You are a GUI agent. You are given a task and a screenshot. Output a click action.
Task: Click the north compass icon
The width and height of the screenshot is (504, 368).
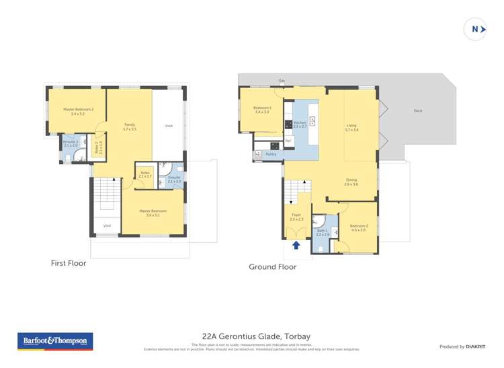point(475,29)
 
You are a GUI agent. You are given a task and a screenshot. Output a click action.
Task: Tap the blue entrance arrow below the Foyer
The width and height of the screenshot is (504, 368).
point(296,245)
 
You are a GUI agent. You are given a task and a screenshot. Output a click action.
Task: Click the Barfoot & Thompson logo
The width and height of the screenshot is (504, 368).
point(56,341)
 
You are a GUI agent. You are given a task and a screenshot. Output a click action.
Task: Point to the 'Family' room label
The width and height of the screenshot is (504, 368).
point(130,126)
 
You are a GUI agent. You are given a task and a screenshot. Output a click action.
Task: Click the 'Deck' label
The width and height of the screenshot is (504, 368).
point(418,111)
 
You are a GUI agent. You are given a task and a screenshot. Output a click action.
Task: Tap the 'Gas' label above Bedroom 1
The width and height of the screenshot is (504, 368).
point(282,81)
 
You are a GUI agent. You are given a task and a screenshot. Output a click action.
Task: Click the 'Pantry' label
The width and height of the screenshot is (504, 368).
point(271,154)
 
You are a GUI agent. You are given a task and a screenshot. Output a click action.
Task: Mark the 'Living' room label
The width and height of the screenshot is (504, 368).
point(351,126)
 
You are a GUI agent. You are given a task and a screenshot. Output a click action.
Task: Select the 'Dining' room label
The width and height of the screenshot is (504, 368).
point(351,181)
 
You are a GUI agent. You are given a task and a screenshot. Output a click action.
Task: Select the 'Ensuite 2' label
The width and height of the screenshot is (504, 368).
point(71,143)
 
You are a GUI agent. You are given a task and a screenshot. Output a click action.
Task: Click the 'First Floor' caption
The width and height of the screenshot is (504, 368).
point(69,263)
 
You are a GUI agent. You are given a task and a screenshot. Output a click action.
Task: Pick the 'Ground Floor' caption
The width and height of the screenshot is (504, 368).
point(272,266)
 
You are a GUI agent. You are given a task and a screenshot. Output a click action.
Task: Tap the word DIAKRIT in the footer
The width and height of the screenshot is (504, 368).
point(475,346)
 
